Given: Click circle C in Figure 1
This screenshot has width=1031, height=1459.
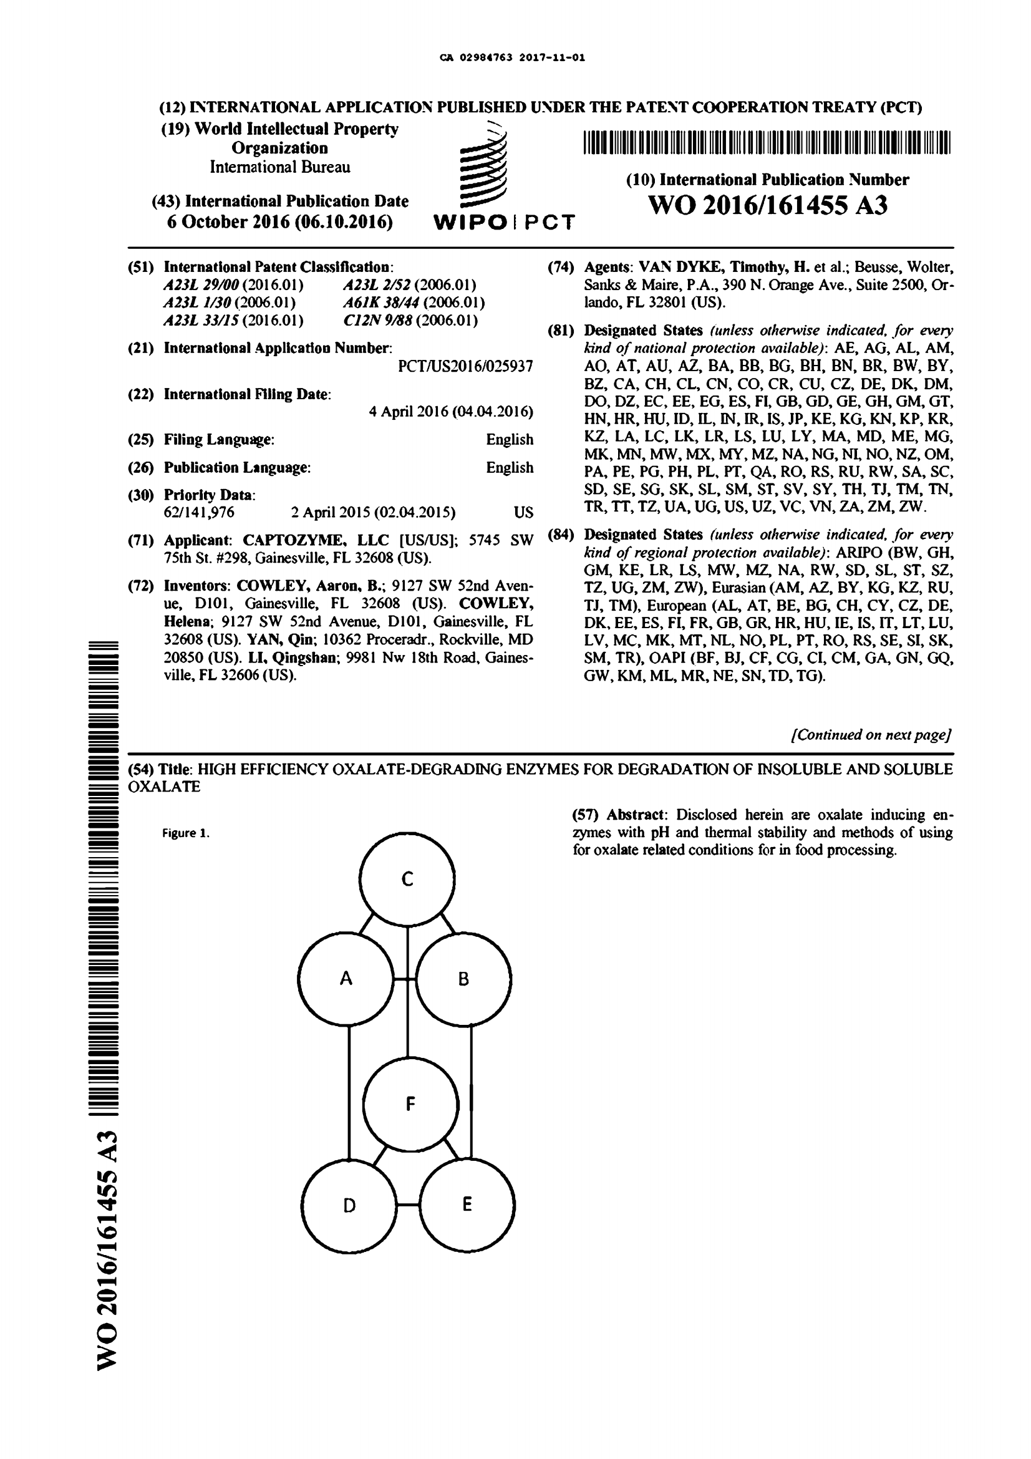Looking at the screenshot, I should (407, 879).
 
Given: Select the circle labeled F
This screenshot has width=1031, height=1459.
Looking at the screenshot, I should (410, 1105).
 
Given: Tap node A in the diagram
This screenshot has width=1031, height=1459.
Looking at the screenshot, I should (346, 979).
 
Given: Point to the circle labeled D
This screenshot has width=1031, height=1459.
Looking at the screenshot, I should (349, 1206).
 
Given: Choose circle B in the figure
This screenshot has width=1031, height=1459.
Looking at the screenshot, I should (463, 979).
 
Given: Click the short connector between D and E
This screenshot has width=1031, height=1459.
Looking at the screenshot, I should (408, 1205).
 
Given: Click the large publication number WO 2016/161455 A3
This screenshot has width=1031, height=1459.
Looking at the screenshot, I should (767, 205).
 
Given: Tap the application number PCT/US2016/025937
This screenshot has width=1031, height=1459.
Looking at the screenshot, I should (465, 367).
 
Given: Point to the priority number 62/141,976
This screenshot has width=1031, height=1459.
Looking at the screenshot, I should (199, 513).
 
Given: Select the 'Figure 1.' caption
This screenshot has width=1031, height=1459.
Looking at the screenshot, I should (185, 833).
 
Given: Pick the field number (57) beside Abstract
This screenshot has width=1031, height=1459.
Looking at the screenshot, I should (586, 815).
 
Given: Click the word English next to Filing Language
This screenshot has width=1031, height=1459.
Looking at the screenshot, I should (510, 440).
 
